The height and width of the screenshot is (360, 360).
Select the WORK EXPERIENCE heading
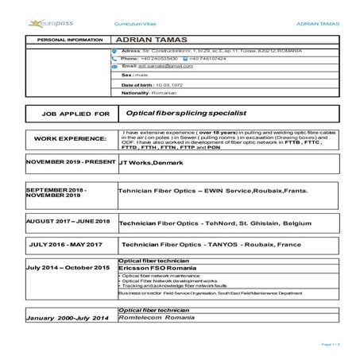[71, 138]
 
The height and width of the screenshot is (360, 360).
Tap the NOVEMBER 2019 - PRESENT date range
[60, 163]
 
